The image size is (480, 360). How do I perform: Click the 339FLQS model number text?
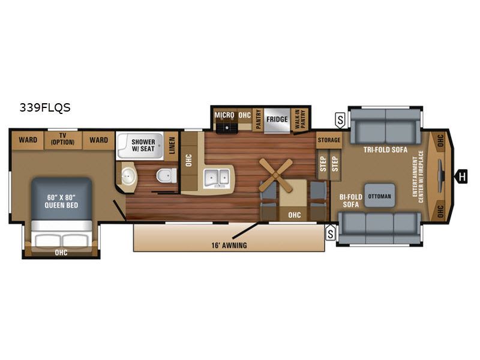pos(45,108)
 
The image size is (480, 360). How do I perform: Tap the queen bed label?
pos(62,202)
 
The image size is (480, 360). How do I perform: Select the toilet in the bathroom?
pos(167,176)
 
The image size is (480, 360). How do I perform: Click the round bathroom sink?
pos(127,176)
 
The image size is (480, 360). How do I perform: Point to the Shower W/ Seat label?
pos(143,145)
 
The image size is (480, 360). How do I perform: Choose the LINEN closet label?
pos(172,146)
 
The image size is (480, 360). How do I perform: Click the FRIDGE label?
pos(277,119)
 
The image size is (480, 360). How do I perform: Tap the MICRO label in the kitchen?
pos(224,115)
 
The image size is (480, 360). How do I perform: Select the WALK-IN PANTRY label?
pos(299,119)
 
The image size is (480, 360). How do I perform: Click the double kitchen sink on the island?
pos(217,177)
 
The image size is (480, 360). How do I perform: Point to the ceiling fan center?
pos(276,175)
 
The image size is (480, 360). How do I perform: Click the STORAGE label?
pos(329,140)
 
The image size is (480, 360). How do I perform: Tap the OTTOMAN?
pos(380,196)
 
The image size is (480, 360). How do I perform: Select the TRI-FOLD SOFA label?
pos(385,149)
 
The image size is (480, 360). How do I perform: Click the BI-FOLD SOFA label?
pos(351,201)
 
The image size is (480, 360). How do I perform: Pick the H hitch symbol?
pos(461,176)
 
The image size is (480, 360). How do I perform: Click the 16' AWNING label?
pos(229,245)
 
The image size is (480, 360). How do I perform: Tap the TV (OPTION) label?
pos(63,139)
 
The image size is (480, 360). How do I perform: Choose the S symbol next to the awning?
pos(331,233)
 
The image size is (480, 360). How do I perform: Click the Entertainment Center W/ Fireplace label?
pos(418,176)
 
